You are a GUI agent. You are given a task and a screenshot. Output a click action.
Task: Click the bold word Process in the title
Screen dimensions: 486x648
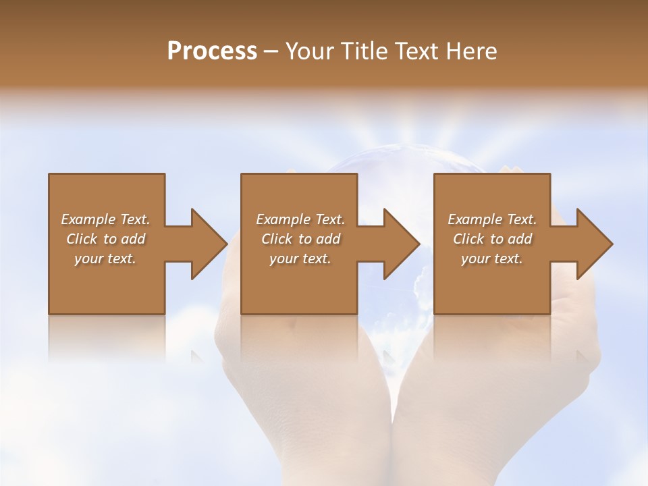212,51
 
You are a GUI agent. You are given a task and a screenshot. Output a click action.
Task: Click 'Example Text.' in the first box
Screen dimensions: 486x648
105,219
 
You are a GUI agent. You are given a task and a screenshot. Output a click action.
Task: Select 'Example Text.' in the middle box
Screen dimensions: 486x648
300,219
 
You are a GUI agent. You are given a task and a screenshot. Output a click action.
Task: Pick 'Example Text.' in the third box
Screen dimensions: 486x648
492,219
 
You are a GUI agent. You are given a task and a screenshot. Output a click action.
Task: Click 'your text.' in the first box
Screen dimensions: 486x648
105,259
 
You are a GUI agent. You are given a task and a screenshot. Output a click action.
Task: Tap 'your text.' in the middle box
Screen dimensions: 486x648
300,259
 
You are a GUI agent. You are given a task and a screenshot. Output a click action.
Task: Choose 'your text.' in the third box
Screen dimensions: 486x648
492,259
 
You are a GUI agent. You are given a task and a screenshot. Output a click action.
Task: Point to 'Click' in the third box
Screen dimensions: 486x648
468,239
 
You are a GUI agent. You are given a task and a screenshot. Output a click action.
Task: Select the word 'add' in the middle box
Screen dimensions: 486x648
328,239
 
